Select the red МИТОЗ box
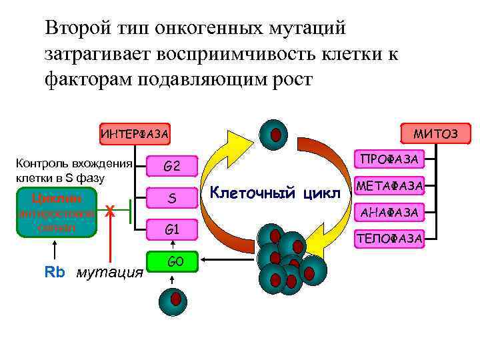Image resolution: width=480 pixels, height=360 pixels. tap(435, 134)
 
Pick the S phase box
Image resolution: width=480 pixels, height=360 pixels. tap(172, 198)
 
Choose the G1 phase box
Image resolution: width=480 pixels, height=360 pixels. tap(172, 230)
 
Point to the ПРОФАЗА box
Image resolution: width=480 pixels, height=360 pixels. tap(389, 160)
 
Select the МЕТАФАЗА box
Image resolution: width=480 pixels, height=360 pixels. tap(390, 186)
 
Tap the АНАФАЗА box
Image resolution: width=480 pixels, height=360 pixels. tap(390, 212)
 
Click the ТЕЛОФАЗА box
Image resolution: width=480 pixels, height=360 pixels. tap(390, 238)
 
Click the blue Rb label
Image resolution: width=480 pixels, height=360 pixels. tap(53, 272)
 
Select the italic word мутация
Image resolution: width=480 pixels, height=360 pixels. tap(110, 272)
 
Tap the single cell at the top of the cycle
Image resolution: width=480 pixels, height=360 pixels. tap(273, 135)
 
